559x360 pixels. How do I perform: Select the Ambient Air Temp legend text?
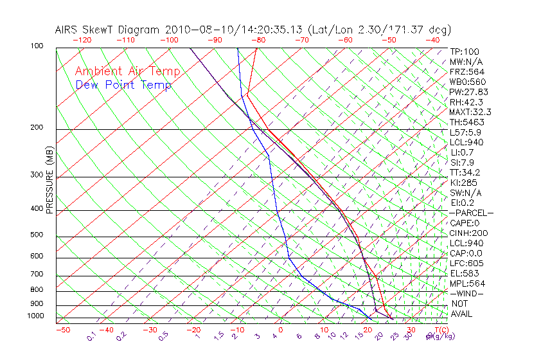127,71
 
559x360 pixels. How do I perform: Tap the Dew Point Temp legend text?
123,85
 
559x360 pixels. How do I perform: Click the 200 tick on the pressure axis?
37,127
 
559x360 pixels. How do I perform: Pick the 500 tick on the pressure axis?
37,235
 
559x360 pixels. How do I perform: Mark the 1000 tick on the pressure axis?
35,316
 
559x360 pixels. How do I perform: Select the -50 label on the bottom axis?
63,330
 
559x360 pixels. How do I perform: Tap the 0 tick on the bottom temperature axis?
281,330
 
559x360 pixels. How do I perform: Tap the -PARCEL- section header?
471,213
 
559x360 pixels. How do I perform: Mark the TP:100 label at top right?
465,52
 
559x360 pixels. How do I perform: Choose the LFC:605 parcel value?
466,263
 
